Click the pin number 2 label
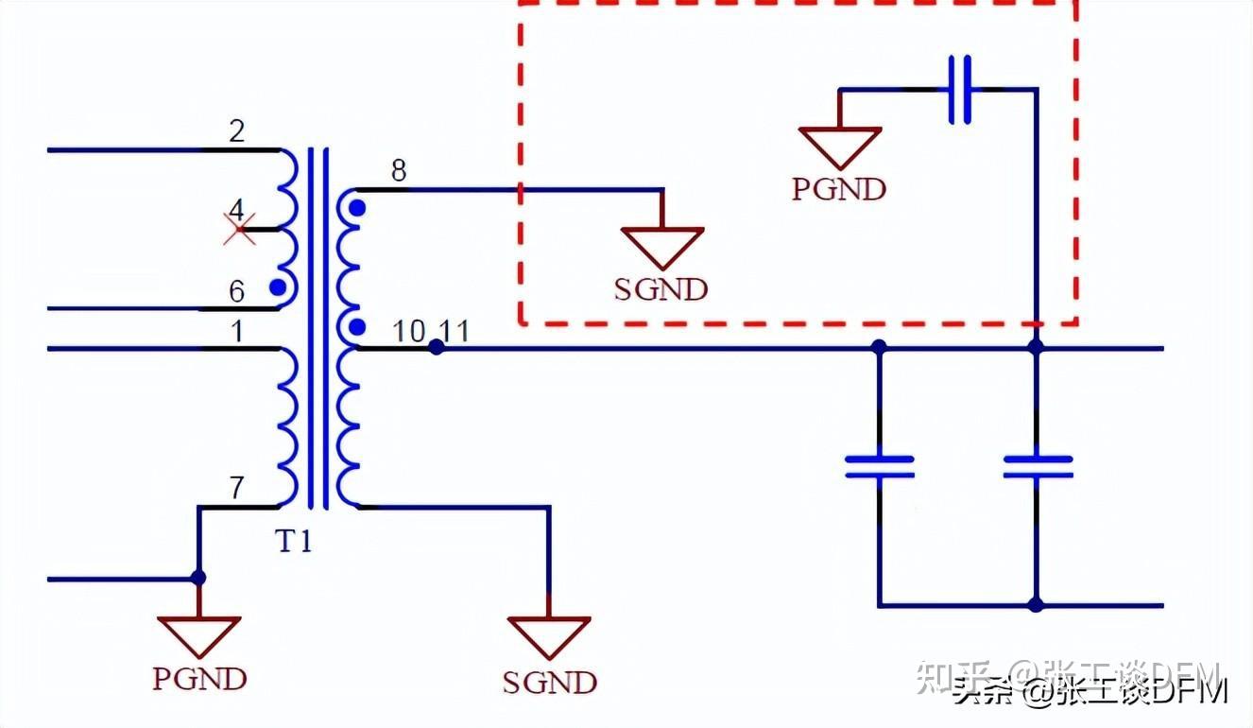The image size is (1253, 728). [x=236, y=130]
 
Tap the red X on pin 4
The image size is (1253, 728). [x=238, y=227]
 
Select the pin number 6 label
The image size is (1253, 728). [x=236, y=291]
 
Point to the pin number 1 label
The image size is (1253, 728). [x=236, y=331]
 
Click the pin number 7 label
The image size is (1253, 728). [x=236, y=489]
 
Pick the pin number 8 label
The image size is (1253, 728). [x=399, y=171]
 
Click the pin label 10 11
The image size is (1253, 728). [x=431, y=331]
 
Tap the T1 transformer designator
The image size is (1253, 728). [x=294, y=542]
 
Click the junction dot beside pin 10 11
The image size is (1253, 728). [x=436, y=347]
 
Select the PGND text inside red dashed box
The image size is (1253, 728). [x=839, y=189]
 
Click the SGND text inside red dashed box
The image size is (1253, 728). [x=661, y=289]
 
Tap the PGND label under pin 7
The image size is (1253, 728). [x=199, y=678]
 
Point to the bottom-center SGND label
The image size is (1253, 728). [x=549, y=682]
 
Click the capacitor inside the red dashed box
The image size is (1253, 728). [x=959, y=90]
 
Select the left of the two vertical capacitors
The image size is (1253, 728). [x=879, y=465]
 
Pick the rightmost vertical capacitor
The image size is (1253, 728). [x=1037, y=465]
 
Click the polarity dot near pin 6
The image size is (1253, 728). [x=277, y=286]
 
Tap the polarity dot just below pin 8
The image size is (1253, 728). [x=356, y=206]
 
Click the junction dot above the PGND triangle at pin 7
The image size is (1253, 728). [x=198, y=578]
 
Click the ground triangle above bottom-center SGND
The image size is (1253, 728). [x=549, y=636]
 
